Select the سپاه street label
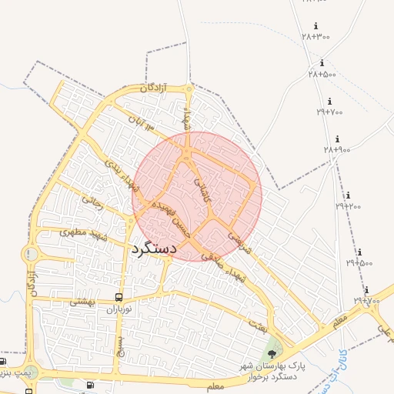tap(185, 119)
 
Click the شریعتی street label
tap(240, 237)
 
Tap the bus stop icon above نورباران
tap(119, 297)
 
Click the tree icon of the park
tap(272, 355)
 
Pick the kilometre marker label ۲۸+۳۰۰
tap(316, 36)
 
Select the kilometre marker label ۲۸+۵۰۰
tap(322, 74)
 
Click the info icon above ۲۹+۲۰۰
tap(348, 195)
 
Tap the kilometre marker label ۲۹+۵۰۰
tap(359, 262)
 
